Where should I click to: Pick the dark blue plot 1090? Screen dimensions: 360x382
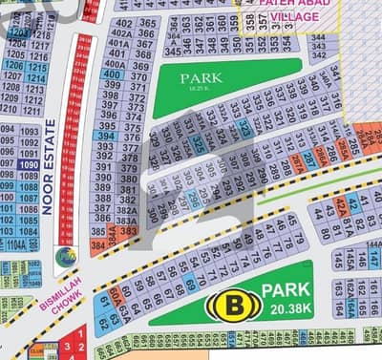point(30,165)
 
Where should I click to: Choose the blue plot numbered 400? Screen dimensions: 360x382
point(113,74)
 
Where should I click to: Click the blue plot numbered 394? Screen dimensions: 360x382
point(107,137)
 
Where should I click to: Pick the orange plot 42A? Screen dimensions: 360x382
point(341,202)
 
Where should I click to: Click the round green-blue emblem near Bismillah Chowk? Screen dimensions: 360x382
point(66,256)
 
